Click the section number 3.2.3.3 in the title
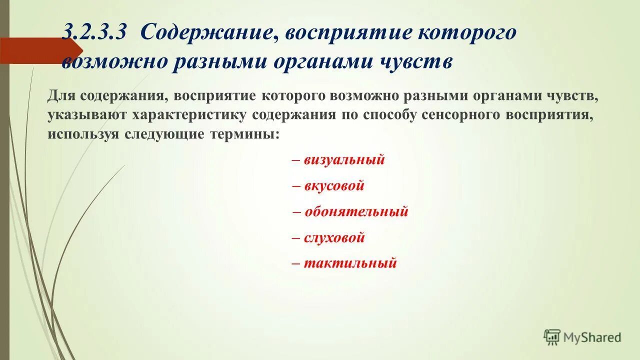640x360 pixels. pyautogui.click(x=95, y=33)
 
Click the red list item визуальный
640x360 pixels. pyautogui.click(x=344, y=160)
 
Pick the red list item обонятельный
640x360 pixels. pyautogui.click(x=356, y=211)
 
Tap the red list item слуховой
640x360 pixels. pyautogui.click(x=334, y=237)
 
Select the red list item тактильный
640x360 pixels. pyautogui.click(x=350, y=263)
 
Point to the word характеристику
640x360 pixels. pyautogui.click(x=190, y=115)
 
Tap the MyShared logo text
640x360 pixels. pyautogui.click(x=592, y=337)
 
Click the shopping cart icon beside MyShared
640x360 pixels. pyautogui.click(x=552, y=337)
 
